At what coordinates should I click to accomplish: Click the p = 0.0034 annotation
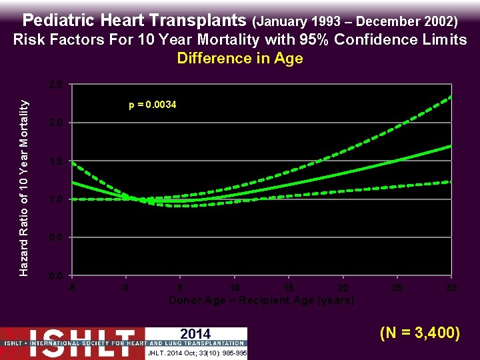click(152, 105)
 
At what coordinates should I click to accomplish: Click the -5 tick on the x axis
click(71, 287)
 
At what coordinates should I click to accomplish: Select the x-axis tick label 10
click(234, 287)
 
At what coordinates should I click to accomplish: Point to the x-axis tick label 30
click(451, 287)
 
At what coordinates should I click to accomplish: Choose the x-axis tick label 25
click(397, 287)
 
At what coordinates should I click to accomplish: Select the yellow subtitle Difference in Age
click(240, 58)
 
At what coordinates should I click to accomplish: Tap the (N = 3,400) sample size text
click(419, 331)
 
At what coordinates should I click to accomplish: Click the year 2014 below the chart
click(195, 334)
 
